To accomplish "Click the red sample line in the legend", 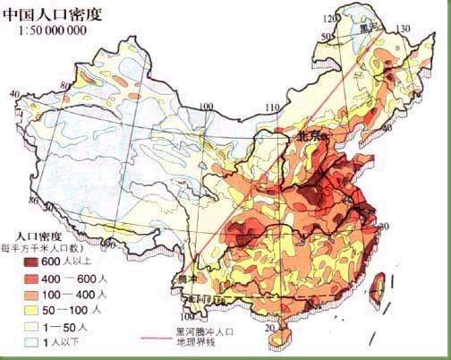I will pos(156,337).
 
